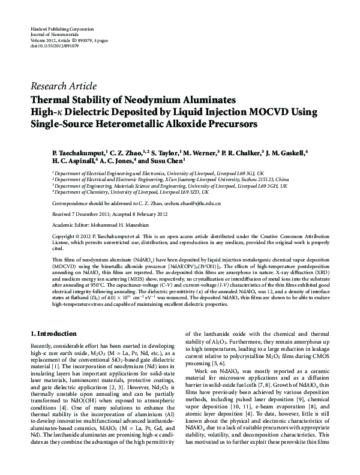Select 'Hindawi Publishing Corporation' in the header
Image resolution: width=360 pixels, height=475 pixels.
[x=62, y=29]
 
